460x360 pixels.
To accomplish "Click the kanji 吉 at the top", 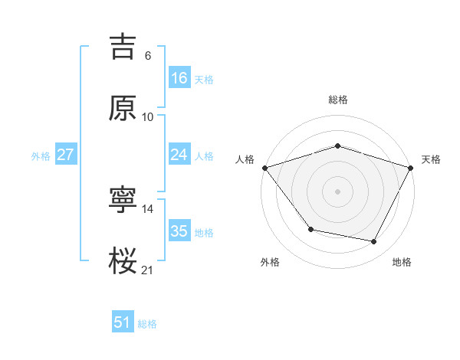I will pos(123,47).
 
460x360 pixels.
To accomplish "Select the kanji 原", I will pos(123,109).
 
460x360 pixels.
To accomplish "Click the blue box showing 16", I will pos(179,78).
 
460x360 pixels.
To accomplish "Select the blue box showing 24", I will pos(179,155).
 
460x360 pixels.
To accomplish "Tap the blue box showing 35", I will pos(179,231).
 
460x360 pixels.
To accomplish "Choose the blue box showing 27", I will pos(65,155).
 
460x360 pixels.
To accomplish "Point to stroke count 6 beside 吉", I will pos(148,56).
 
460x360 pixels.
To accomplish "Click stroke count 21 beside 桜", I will pos(148,270).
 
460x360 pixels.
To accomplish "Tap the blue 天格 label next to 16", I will pos(204,80).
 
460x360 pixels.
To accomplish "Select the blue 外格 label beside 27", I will pos(41,156).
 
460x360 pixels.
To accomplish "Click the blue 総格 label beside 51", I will pos(147,324).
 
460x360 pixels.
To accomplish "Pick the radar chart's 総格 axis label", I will pos(338,100).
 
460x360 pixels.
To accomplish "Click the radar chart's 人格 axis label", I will pos(245,159).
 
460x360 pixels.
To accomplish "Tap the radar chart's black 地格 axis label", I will pos(402,263).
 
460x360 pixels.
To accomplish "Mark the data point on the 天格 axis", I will pos(412,168).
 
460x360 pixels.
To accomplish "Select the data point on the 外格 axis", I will pos(310,229).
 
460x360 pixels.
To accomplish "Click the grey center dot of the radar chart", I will pos(337,191).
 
